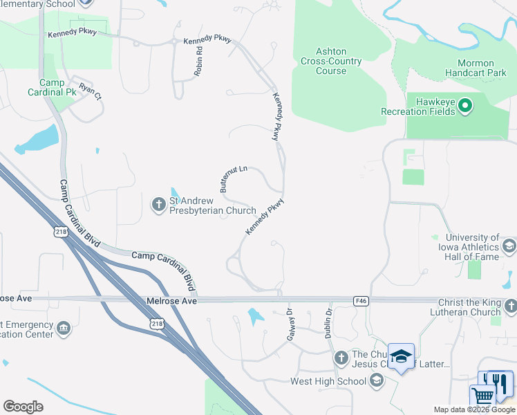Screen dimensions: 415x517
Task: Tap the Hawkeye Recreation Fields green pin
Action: [465, 106]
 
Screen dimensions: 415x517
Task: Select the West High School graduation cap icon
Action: [377, 380]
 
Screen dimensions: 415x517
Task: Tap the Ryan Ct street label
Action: [90, 90]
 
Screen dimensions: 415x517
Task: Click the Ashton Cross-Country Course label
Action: [330, 61]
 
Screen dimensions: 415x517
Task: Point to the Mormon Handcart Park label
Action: [481, 68]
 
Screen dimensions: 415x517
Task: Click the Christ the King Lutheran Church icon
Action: [510, 305]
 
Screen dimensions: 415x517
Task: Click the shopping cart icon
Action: [482, 396]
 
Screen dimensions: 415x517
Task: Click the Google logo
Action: [23, 406]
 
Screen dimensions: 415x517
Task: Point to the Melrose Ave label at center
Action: [172, 302]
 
